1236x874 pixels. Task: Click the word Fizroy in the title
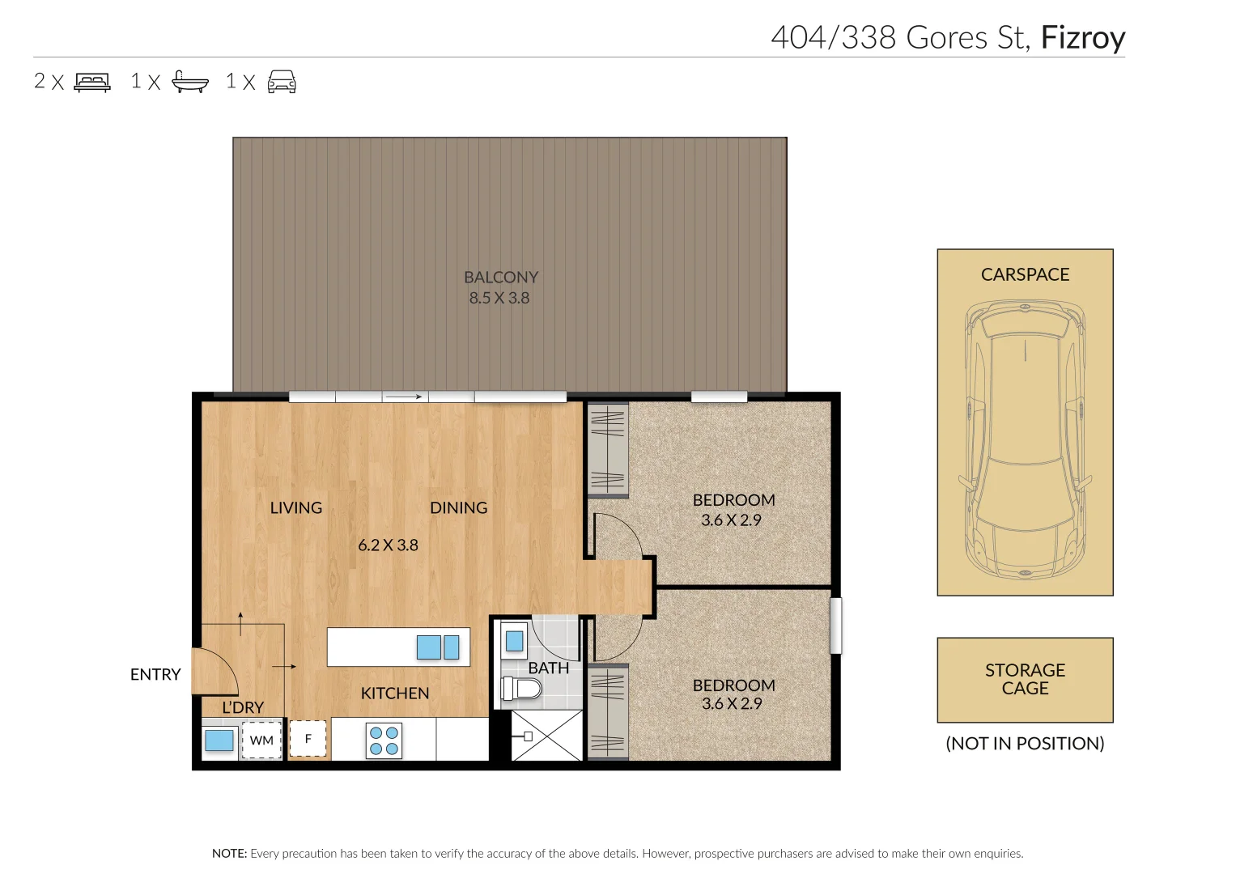pos(1082,38)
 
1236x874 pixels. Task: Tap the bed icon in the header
pos(92,82)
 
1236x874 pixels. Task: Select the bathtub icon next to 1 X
pos(190,82)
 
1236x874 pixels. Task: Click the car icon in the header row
pos(282,82)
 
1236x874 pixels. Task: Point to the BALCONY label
pos(501,278)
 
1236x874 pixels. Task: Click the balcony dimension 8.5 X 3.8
pos(499,298)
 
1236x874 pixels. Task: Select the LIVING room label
pos(296,508)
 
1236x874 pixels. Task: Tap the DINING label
pos(458,508)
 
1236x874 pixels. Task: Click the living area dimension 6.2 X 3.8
pos(388,545)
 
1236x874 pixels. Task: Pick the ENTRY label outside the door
pos(155,675)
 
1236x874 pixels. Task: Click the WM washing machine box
pos(261,740)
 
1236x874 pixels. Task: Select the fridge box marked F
pos(308,738)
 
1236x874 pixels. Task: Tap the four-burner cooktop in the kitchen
pos(384,740)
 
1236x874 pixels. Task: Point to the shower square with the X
pos(547,736)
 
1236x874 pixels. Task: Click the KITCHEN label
pos(395,694)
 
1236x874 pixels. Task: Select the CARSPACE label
pos(1025,275)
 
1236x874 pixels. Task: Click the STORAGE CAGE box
pos(1025,680)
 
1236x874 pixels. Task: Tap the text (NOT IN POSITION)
pos(1025,744)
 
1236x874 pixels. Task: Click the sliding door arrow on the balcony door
pos(404,397)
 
